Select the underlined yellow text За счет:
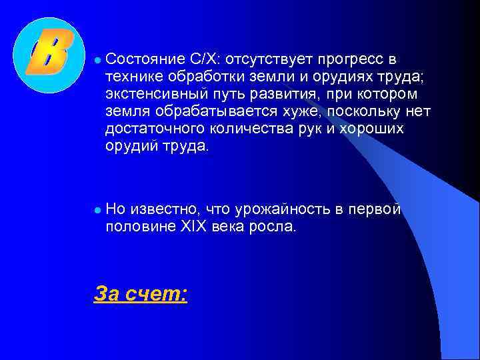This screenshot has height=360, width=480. (x=141, y=293)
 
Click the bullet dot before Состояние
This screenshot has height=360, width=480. (x=97, y=60)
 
